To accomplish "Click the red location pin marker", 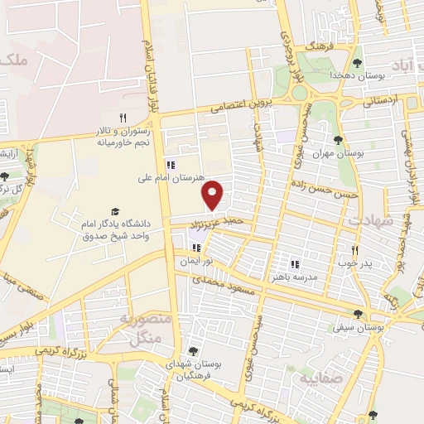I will pyautogui.click(x=214, y=195).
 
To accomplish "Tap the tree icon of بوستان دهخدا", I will pyautogui.click(x=357, y=62).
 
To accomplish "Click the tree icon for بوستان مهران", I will pyautogui.click(x=338, y=139).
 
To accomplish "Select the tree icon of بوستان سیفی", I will pyautogui.click(x=358, y=314).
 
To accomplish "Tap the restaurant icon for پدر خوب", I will pyautogui.click(x=354, y=250).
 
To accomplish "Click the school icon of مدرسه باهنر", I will pyautogui.click(x=294, y=264).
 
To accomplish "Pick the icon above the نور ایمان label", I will pyautogui.click(x=197, y=247).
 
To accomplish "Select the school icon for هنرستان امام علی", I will pyautogui.click(x=171, y=163).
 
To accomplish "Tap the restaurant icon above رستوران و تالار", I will pyautogui.click(x=123, y=118).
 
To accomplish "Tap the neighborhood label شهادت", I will pyautogui.click(x=369, y=220).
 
